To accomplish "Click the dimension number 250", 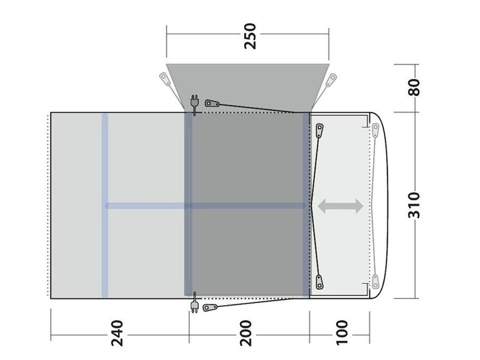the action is [x=250, y=36].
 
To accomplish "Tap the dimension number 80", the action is [x=414, y=87].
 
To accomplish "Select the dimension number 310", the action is [x=414, y=205].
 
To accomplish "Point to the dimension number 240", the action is [x=117, y=333].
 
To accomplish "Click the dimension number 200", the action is [x=245, y=333].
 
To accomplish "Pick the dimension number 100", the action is [x=342, y=333].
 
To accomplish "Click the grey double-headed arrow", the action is [x=340, y=206].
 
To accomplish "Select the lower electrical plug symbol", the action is [x=194, y=303].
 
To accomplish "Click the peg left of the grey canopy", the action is [x=165, y=79].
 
